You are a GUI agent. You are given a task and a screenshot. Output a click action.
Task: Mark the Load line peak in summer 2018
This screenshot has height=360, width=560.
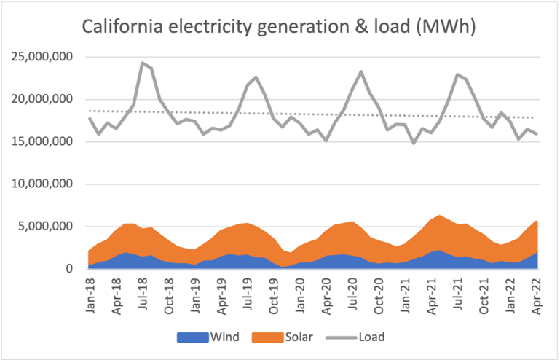coord(143,63)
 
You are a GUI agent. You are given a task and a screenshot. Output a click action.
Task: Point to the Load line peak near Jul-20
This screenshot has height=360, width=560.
coord(361,71)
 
